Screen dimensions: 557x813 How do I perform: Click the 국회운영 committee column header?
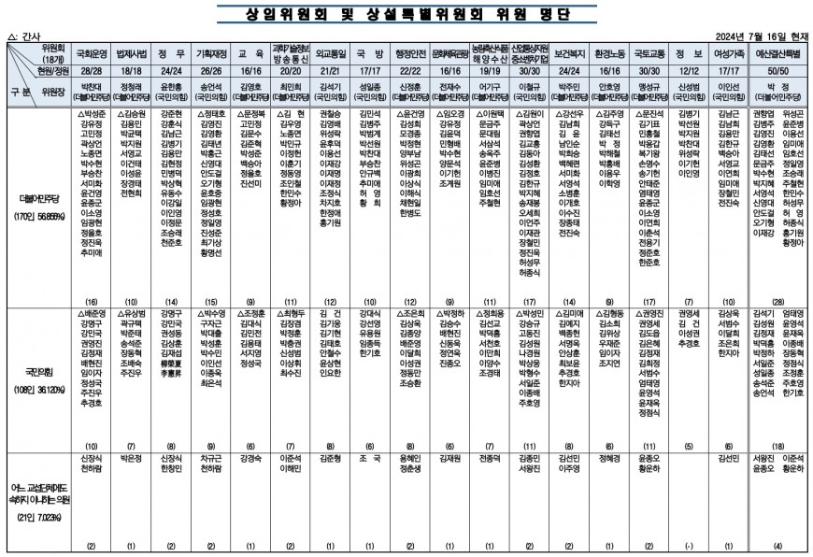[x=92, y=54]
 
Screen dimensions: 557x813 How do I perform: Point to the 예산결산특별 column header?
[x=772, y=54]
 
